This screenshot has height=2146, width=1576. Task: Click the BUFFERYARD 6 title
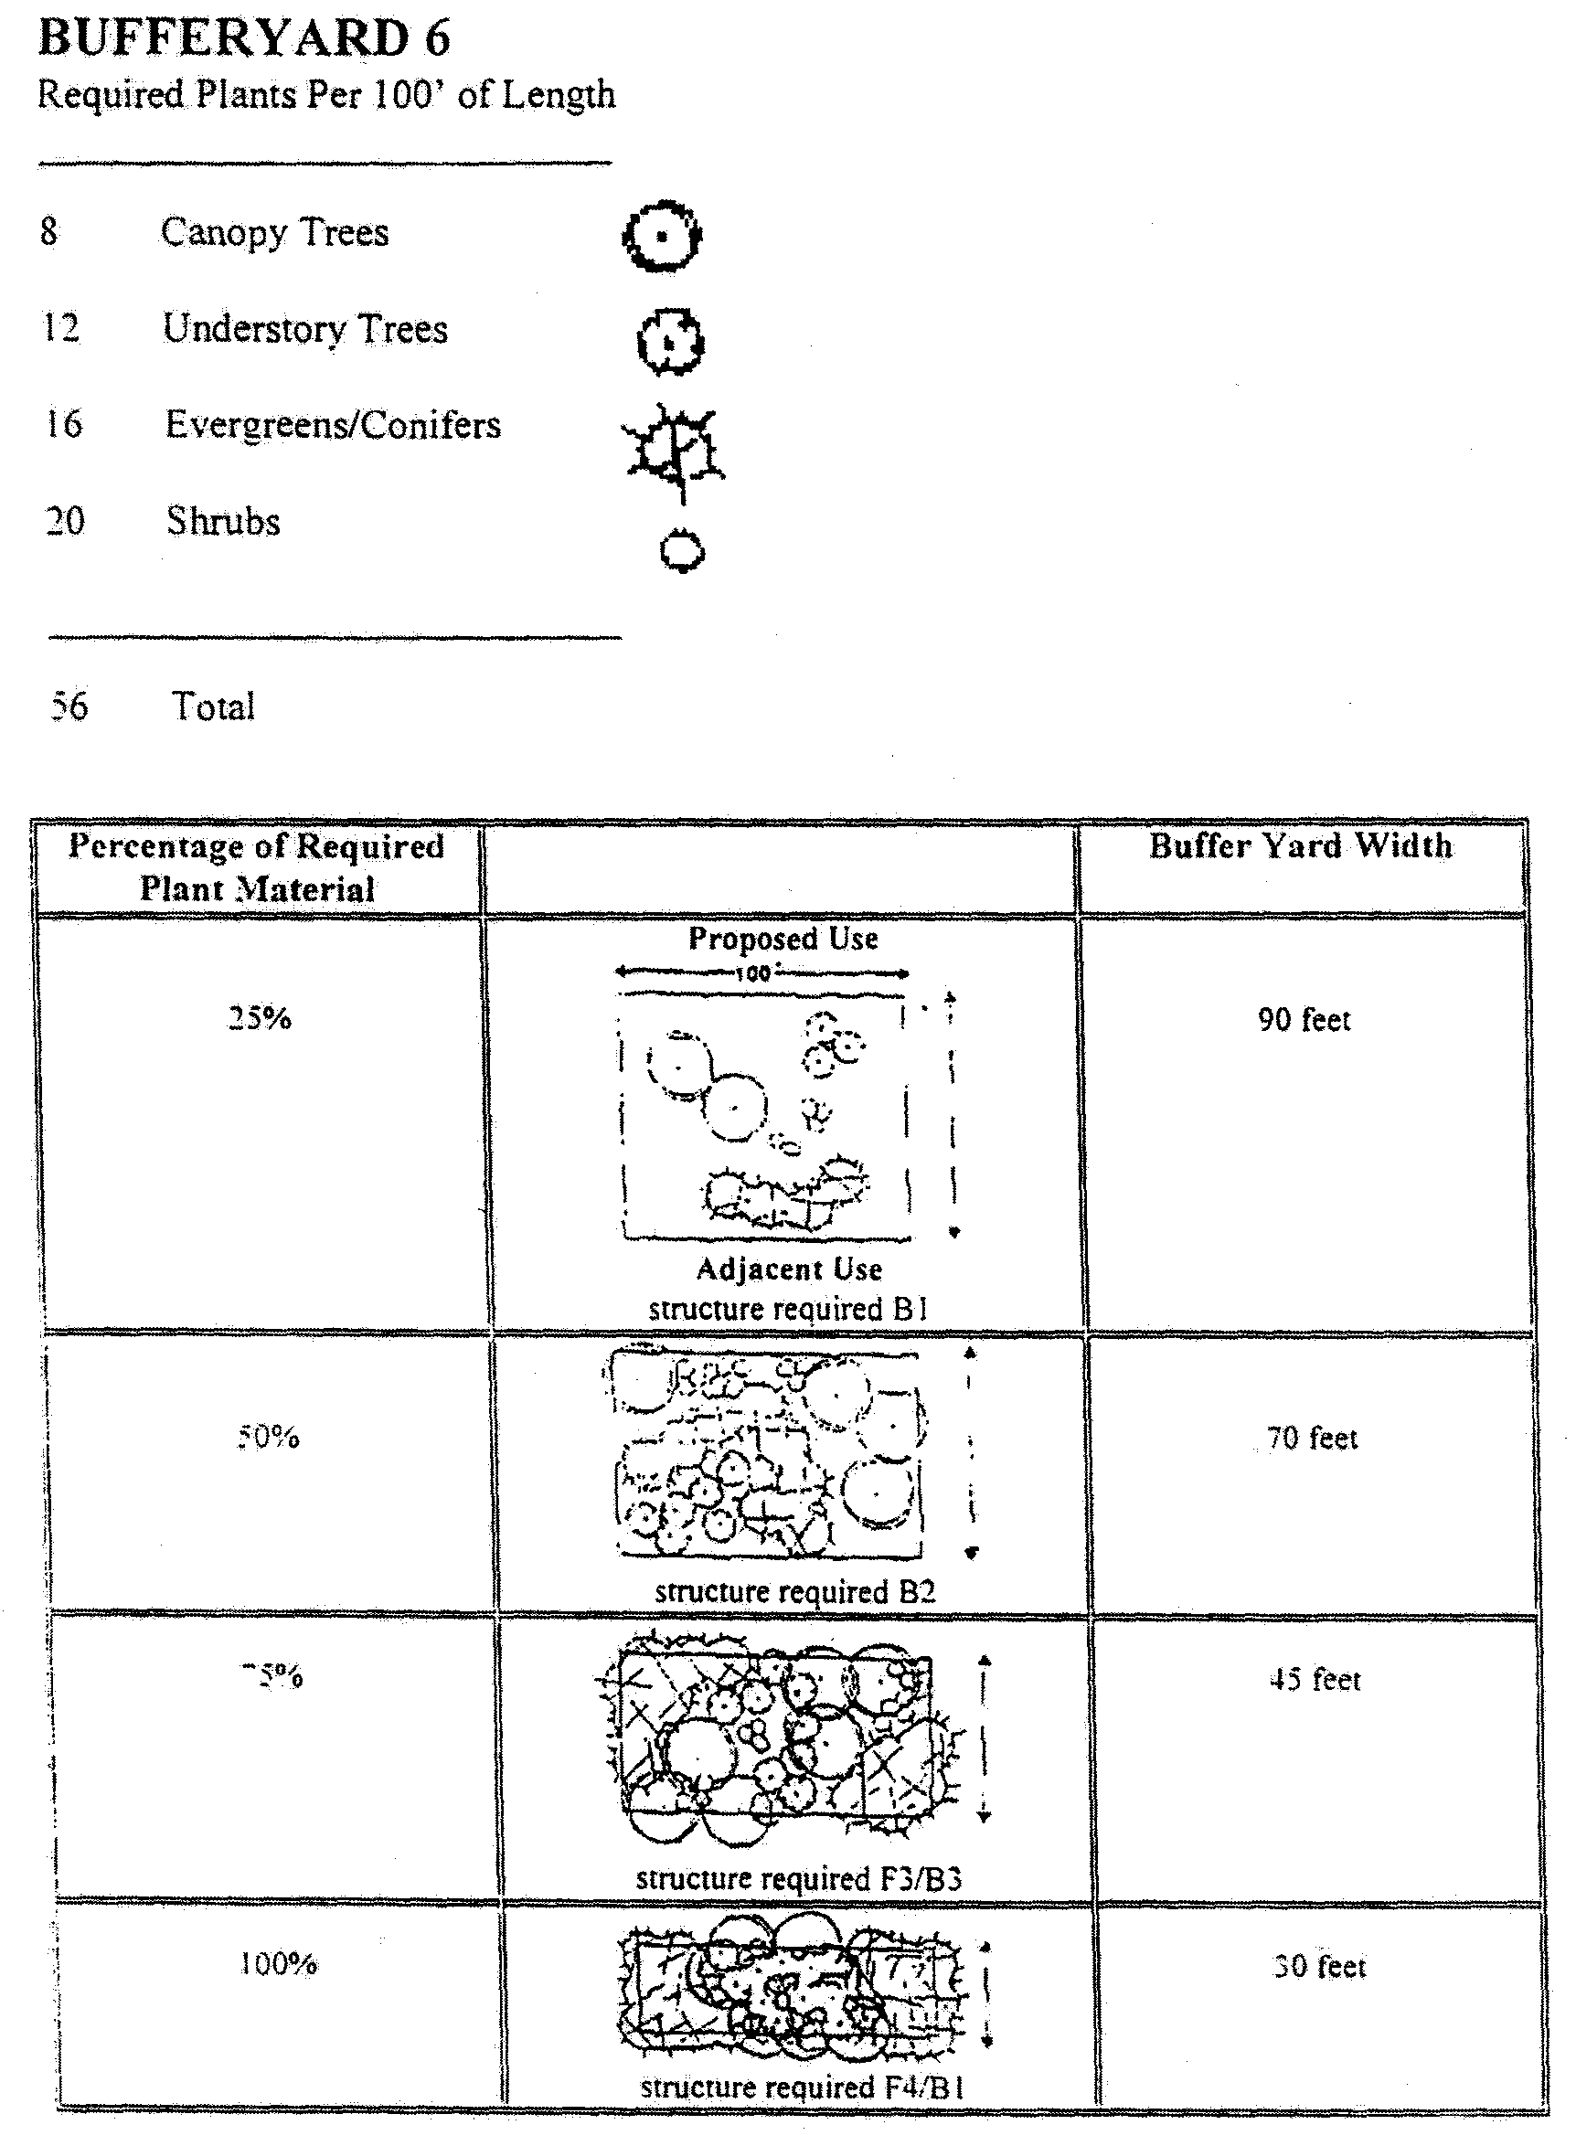[243, 39]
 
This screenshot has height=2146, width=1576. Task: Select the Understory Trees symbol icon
[670, 341]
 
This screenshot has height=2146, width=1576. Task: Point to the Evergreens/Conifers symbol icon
[675, 447]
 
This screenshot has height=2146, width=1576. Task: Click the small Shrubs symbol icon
[681, 551]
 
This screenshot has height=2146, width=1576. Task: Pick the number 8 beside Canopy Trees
[49, 232]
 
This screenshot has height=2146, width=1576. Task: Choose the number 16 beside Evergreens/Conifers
[64, 424]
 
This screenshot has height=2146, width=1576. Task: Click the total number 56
[69, 706]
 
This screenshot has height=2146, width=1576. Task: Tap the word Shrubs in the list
[223, 522]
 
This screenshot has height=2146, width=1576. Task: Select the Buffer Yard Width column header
[1300, 846]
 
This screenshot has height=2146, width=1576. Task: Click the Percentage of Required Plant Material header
[257, 868]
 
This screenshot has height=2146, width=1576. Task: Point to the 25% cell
[260, 1019]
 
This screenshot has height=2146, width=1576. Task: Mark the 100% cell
[278, 1964]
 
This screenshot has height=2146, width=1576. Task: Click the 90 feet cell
[1304, 1020]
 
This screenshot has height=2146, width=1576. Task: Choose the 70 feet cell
[1312, 1438]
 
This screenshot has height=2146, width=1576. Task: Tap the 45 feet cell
[1315, 1680]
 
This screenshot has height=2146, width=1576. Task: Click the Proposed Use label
[783, 939]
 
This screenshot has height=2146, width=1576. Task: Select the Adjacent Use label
[789, 1270]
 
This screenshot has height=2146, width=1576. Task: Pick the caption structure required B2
[794, 1591]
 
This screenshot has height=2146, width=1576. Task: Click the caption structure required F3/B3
[798, 1878]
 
